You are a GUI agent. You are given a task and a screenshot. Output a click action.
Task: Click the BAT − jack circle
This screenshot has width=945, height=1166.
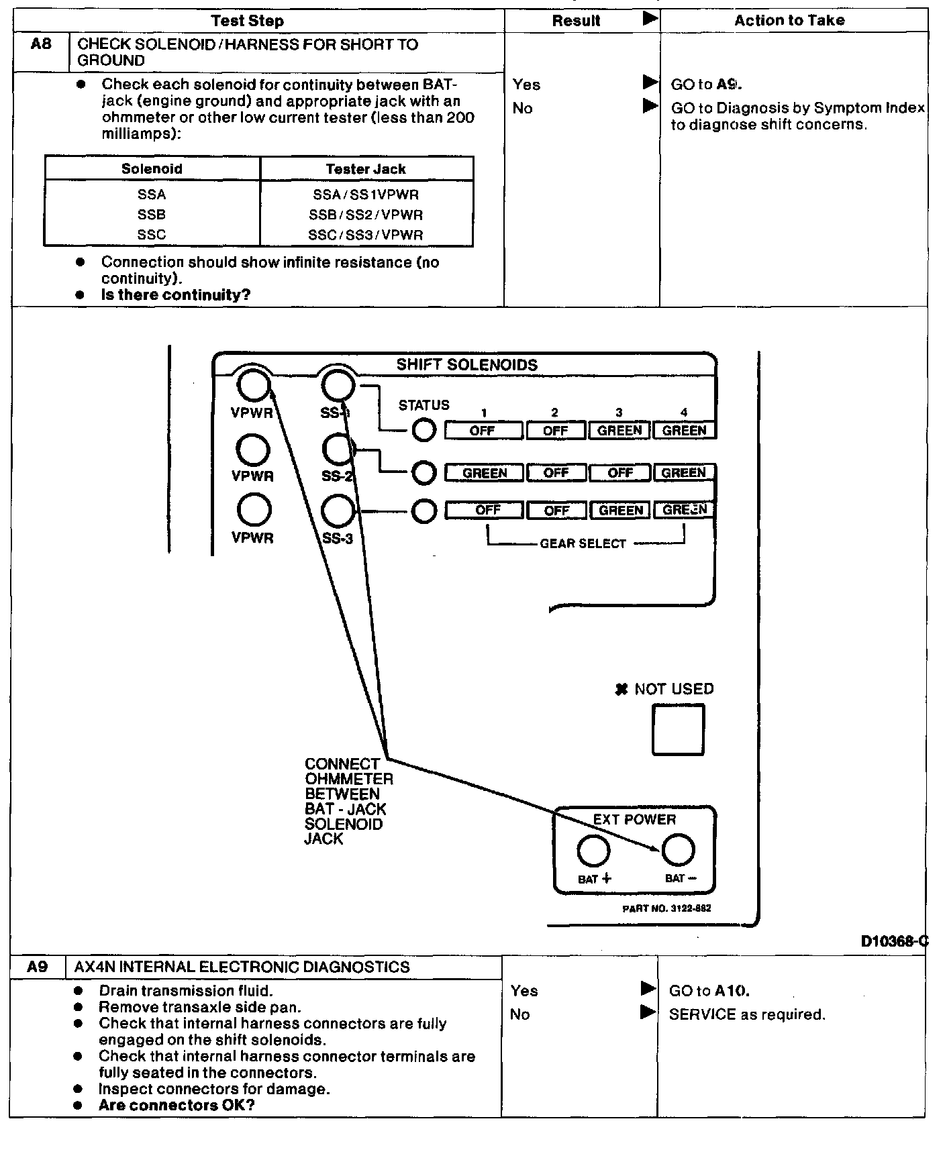coord(678,850)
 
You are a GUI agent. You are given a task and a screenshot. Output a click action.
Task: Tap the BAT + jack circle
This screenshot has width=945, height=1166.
coord(593,851)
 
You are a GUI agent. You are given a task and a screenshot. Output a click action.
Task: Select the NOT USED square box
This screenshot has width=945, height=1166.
coord(678,729)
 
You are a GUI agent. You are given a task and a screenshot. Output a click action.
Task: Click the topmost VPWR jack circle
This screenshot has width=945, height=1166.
coord(253,385)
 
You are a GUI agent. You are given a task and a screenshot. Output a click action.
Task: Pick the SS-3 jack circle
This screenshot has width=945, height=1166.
coord(338,511)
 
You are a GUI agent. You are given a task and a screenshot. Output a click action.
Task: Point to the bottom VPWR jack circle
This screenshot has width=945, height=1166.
coord(254,510)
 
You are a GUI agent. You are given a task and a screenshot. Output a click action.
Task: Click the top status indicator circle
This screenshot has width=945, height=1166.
coord(424,430)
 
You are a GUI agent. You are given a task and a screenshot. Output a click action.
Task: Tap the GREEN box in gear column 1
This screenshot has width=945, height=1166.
coord(485,473)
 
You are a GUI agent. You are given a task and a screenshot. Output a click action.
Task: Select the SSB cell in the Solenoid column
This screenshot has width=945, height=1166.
coord(152,215)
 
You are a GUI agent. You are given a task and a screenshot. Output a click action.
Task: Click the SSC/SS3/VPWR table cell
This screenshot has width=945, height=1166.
coord(366,235)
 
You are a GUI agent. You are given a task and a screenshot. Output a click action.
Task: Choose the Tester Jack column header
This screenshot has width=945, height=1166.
coord(366,169)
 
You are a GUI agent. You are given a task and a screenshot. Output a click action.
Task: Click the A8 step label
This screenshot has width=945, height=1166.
coord(41,46)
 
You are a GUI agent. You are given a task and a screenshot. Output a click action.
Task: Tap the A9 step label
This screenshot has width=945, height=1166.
coord(38,967)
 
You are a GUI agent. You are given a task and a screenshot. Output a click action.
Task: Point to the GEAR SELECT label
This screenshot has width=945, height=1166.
coord(583,544)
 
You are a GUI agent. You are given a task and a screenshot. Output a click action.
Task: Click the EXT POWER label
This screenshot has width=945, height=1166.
coord(634,820)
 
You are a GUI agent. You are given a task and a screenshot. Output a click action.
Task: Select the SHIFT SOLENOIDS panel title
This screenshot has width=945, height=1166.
coord(466,365)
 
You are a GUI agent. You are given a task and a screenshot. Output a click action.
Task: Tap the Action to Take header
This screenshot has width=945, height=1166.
coord(789,21)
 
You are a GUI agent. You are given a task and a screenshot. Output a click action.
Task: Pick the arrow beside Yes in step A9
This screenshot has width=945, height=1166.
coord(648,989)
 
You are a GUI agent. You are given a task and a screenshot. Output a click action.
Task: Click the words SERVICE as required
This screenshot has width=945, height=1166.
coord(747,1014)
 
